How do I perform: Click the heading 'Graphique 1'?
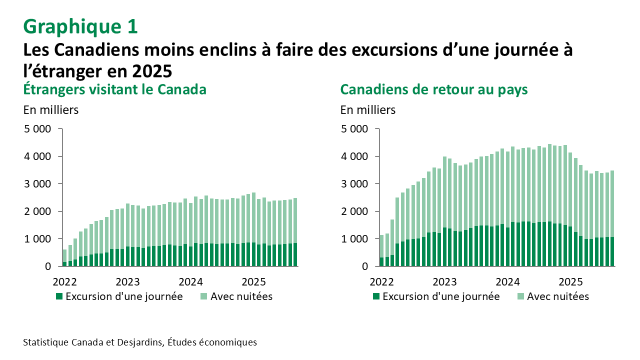point(80,26)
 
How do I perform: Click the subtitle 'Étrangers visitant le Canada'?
point(115,89)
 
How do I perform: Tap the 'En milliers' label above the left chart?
point(50,110)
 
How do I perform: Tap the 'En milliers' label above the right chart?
point(368,110)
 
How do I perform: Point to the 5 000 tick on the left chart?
point(37,129)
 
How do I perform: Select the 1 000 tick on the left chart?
point(37,239)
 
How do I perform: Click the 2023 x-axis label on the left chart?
point(128,280)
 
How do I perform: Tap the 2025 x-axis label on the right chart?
point(570,280)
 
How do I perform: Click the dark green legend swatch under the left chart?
point(59,296)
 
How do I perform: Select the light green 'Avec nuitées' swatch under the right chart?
point(519,296)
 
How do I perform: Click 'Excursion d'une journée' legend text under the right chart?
point(441,296)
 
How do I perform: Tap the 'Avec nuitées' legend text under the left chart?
point(241,296)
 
